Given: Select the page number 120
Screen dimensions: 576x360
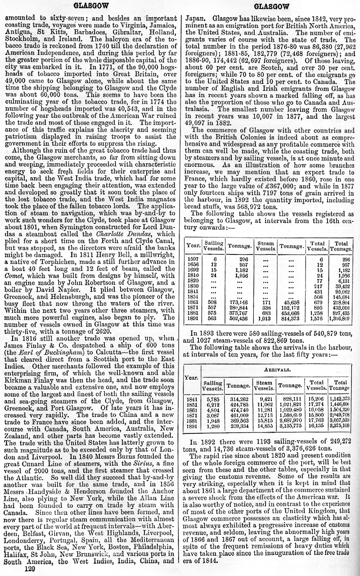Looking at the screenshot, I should (30, 569).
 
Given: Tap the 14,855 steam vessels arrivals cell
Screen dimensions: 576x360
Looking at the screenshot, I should (264, 425).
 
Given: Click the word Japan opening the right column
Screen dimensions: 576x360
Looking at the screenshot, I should (196, 19).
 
